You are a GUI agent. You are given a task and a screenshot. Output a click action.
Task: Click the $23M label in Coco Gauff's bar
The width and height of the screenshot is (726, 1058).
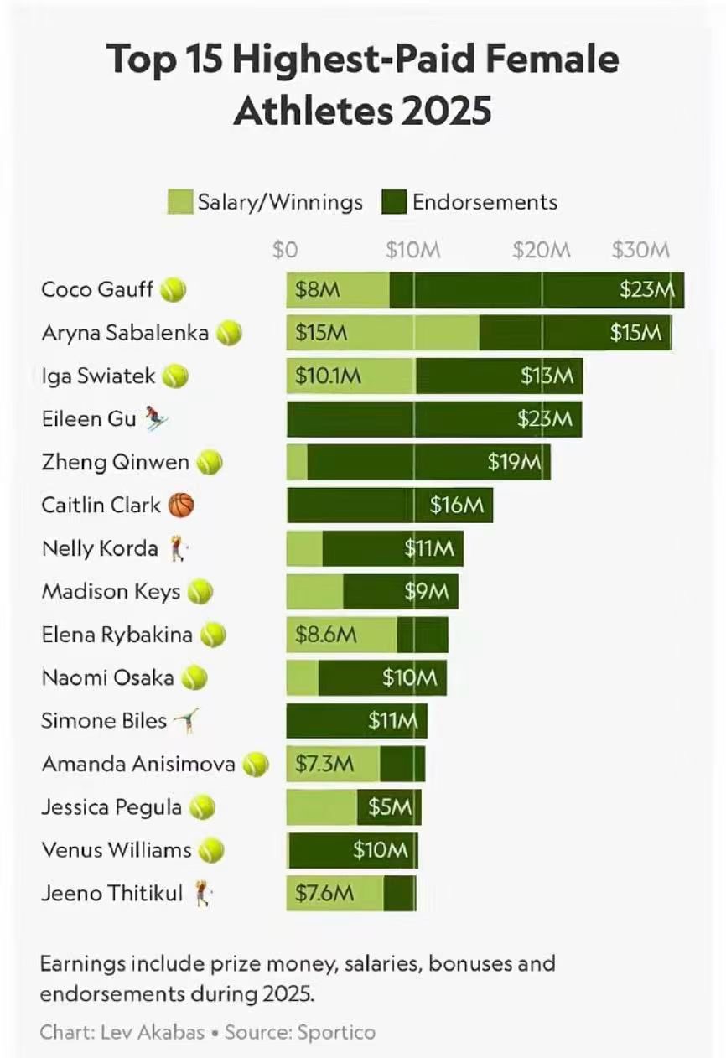[x=647, y=290]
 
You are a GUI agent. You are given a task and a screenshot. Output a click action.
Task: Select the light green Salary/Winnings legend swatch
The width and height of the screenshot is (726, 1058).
[x=180, y=202]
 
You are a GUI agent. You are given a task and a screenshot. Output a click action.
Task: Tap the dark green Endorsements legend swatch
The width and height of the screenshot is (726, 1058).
[x=394, y=202]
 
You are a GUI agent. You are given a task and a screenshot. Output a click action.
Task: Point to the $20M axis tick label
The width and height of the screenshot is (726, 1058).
[x=542, y=250]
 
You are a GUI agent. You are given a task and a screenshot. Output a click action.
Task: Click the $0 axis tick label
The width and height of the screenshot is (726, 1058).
[x=285, y=250]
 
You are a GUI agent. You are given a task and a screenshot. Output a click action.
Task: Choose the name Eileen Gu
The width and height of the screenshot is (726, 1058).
[x=88, y=418]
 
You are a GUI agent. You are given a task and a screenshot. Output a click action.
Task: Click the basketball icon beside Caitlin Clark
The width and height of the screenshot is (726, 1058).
[x=181, y=505]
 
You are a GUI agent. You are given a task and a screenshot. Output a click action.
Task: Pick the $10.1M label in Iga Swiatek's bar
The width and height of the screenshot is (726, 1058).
[x=328, y=376]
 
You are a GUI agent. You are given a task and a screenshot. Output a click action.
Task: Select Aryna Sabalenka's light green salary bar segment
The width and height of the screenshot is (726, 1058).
[x=382, y=333]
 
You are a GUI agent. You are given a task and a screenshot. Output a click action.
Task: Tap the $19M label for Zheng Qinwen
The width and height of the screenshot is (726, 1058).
[x=515, y=462]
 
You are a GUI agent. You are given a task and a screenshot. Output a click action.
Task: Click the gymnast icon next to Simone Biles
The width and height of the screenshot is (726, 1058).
[x=186, y=720]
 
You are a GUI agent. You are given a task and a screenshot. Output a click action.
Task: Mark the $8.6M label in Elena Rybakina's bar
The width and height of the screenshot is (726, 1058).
[x=326, y=635]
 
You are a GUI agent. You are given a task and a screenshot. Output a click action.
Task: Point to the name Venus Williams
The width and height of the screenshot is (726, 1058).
[x=117, y=850]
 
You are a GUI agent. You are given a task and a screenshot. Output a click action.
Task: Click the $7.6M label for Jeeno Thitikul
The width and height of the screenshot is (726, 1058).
[x=324, y=894]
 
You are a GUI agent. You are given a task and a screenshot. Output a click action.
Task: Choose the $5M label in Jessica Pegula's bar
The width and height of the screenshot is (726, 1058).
[x=391, y=807]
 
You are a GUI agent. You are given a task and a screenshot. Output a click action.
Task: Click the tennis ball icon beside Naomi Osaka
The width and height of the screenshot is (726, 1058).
[x=194, y=677]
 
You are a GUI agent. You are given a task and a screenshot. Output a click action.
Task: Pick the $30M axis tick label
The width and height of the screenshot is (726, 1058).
[x=640, y=250]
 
